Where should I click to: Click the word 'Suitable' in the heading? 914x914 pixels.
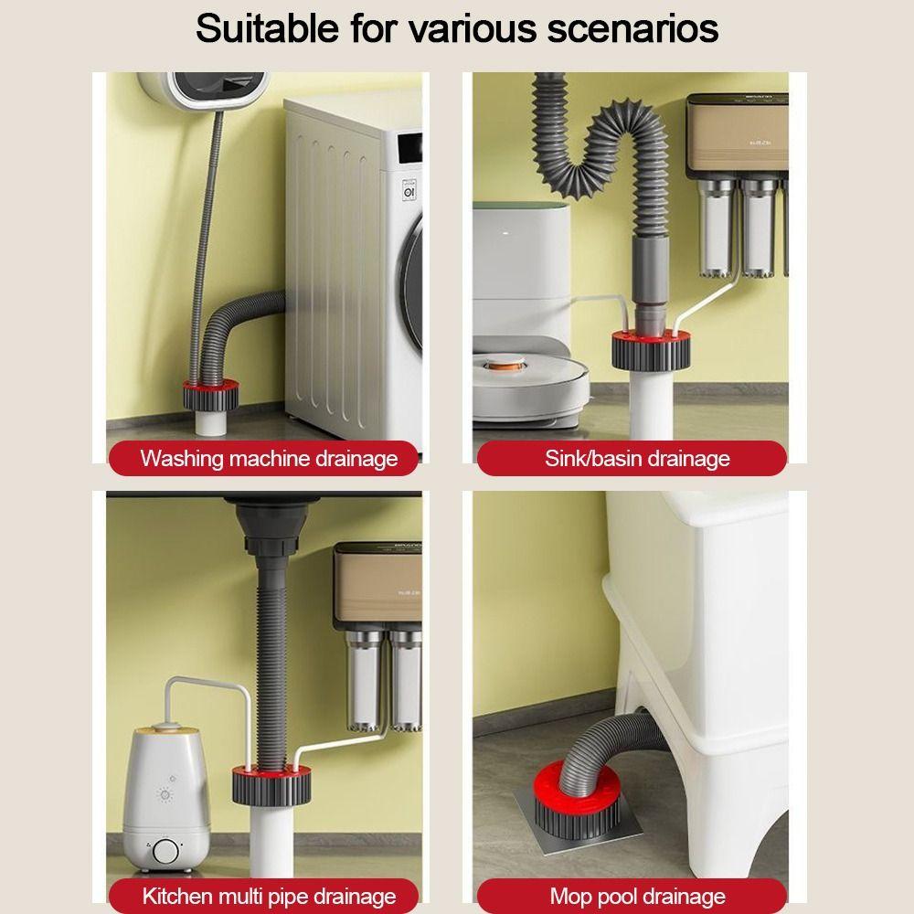click(267, 27)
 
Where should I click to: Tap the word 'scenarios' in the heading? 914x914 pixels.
click(632, 28)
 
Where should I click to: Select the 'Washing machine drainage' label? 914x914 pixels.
click(269, 458)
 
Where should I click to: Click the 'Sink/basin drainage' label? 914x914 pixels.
click(637, 458)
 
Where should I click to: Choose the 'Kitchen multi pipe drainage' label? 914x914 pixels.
click(269, 896)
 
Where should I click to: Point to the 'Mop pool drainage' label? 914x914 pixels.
click(637, 896)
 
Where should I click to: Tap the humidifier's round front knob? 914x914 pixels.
click(166, 851)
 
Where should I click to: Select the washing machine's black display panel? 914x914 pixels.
click(409, 149)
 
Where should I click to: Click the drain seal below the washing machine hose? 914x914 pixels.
click(211, 394)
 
